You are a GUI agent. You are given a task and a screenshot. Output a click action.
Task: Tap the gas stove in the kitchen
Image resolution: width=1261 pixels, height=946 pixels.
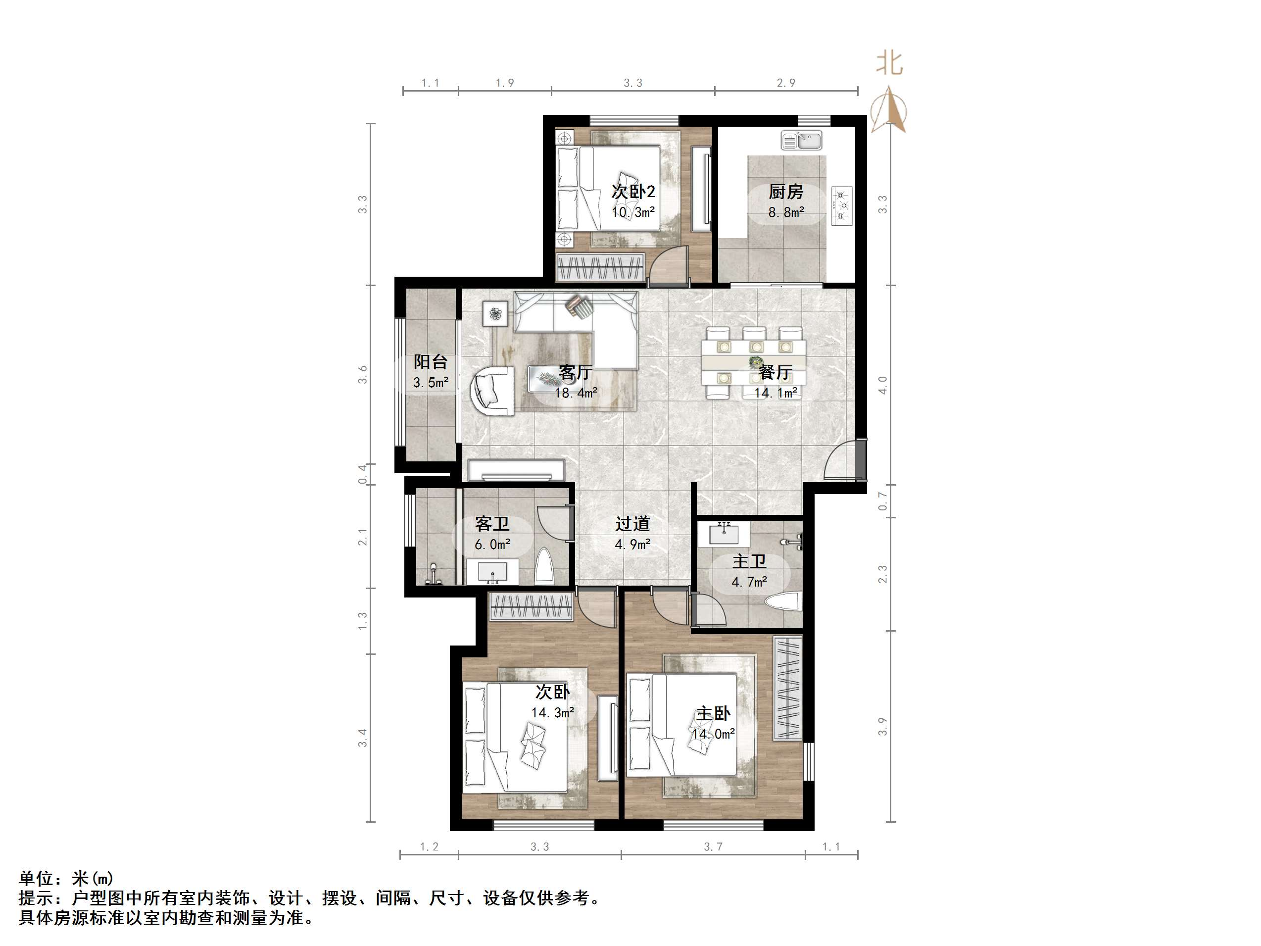pos(842,206)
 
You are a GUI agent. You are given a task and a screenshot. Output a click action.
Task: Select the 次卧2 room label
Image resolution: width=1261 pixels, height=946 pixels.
pos(633,192)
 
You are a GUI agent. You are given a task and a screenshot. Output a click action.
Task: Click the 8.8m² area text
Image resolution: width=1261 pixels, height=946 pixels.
pos(785,213)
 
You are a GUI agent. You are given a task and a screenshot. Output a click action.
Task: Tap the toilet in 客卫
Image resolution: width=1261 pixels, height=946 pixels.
pos(545,566)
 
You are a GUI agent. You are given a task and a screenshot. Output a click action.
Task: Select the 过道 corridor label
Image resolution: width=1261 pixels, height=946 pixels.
pos(632,523)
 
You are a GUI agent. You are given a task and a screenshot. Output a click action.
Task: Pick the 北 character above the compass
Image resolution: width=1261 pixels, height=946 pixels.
pos(889,63)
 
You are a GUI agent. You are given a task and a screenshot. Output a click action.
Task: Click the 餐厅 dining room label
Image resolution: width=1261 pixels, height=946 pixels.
pos(776,372)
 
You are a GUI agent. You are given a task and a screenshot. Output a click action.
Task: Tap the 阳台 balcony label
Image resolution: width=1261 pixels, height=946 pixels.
pos(431,361)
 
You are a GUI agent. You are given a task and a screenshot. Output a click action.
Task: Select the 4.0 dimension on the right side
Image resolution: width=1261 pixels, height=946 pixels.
pos(882,385)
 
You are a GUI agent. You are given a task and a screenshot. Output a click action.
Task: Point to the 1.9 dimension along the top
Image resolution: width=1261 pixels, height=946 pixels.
pos(504,83)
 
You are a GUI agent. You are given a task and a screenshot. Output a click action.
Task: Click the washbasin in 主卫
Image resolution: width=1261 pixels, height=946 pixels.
pos(724,534)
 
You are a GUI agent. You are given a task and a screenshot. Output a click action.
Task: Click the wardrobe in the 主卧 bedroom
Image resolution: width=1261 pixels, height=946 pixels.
pos(787,688)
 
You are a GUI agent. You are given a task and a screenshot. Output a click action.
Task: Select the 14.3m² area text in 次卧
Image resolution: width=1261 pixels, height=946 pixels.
pos(552,713)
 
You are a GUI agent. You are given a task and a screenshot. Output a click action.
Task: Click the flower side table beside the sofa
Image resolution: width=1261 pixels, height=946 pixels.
pos(495,313)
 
